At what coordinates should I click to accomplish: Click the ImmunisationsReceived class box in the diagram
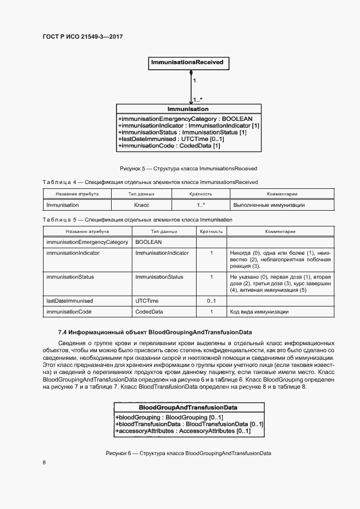pyautogui.click(x=187, y=63)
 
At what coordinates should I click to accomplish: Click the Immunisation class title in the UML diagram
pyautogui.click(x=188, y=109)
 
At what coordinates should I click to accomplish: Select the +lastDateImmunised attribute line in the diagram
pyautogui.click(x=171, y=139)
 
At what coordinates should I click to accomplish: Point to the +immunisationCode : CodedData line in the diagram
pyautogui.click(x=169, y=146)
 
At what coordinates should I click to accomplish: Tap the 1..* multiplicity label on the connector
pyautogui.click(x=197, y=100)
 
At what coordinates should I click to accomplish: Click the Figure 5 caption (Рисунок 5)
pyautogui.click(x=188, y=168)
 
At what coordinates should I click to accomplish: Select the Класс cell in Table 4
pyautogui.click(x=142, y=205)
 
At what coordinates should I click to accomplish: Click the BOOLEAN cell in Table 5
pyautogui.click(x=149, y=242)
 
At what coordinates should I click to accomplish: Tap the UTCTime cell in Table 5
pyautogui.click(x=147, y=301)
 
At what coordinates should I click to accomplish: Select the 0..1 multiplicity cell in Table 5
pyautogui.click(x=211, y=301)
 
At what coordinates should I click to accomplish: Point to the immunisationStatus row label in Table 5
pyautogui.click(x=70, y=277)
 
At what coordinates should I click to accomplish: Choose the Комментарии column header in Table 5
pyautogui.click(x=280, y=231)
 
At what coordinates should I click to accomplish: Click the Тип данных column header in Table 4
pyautogui.click(x=142, y=194)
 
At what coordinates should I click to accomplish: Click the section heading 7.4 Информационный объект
pyautogui.click(x=155, y=332)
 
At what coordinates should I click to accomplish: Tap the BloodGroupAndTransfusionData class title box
pyautogui.click(x=188, y=407)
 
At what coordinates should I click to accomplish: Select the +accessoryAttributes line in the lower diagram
pyautogui.click(x=183, y=431)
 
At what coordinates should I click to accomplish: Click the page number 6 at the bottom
pyautogui.click(x=44, y=463)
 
